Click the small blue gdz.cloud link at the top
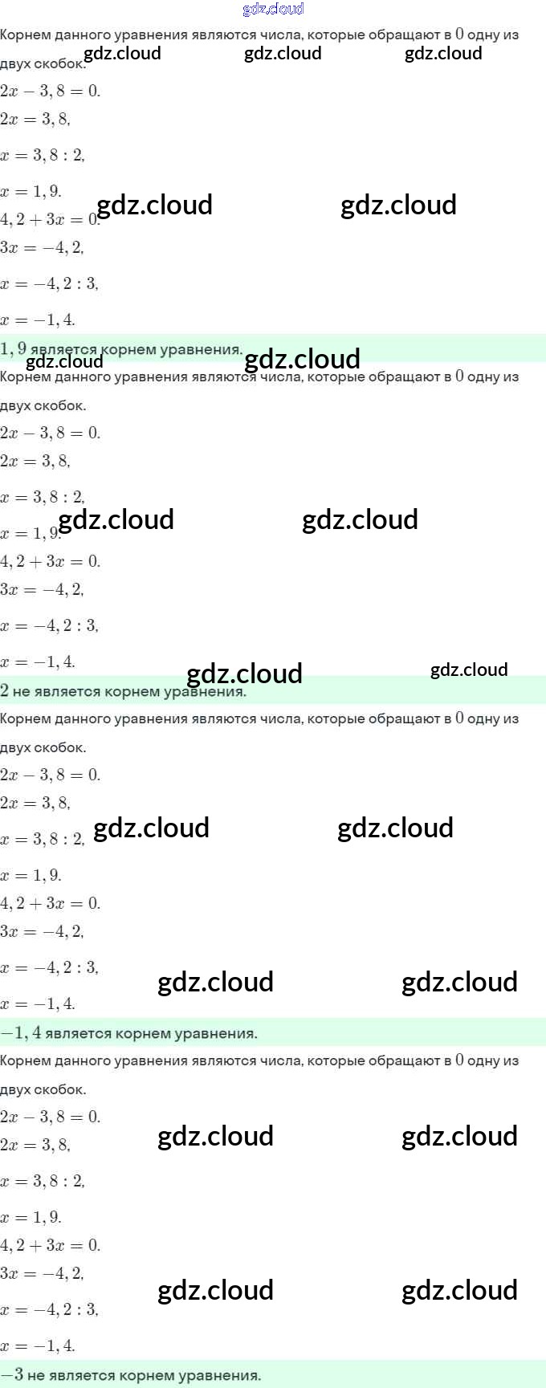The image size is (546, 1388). coord(273,9)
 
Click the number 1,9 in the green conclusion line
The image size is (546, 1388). coord(14,348)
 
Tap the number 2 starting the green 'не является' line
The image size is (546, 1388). coord(5,690)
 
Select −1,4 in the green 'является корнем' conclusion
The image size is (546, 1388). coord(21,1032)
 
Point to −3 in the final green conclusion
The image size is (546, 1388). coord(12,1374)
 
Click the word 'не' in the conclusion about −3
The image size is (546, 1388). coord(35,1375)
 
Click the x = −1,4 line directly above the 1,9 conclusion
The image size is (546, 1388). coord(38,320)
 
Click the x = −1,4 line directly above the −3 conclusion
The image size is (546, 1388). coord(38,1345)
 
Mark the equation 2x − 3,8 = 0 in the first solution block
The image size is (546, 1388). coord(51,91)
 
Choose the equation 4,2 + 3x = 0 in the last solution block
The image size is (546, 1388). coord(51,1245)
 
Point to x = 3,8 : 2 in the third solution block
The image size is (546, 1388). coord(43,839)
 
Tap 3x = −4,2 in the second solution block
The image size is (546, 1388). coord(42,589)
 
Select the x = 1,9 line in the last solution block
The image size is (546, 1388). coord(31,1217)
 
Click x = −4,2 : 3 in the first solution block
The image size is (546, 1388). coord(50,283)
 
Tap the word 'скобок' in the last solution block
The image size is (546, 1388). coord(60,1089)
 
